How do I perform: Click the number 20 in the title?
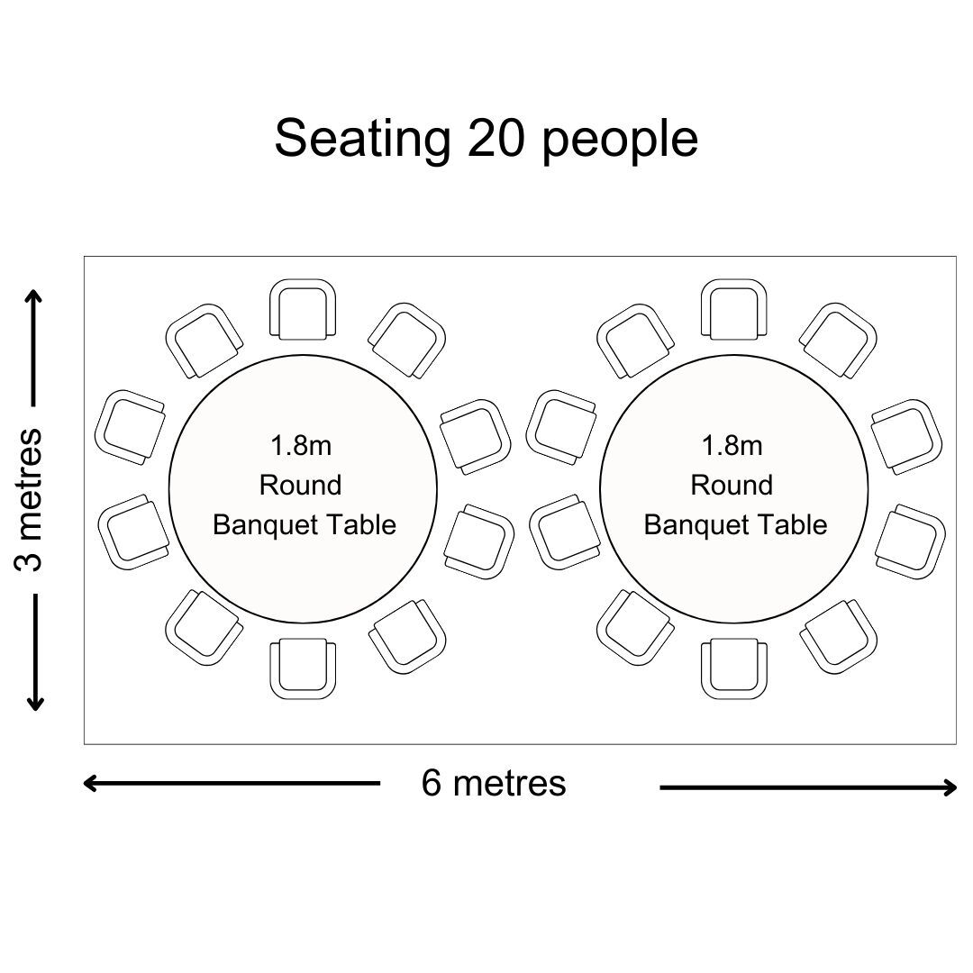click(496, 139)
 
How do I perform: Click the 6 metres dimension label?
click(494, 783)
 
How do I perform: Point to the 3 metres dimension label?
click(29, 499)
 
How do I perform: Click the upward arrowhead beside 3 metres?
click(35, 296)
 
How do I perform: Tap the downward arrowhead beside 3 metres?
click(35, 703)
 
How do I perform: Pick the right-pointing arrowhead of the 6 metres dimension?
click(949, 787)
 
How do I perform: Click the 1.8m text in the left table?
click(301, 446)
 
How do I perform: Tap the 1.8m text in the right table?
click(732, 446)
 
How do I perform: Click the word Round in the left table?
click(301, 486)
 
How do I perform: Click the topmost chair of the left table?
click(303, 309)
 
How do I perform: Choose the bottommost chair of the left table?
click(303, 668)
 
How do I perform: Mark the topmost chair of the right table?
click(734, 309)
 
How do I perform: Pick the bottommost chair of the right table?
click(734, 668)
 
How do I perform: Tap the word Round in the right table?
click(732, 486)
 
